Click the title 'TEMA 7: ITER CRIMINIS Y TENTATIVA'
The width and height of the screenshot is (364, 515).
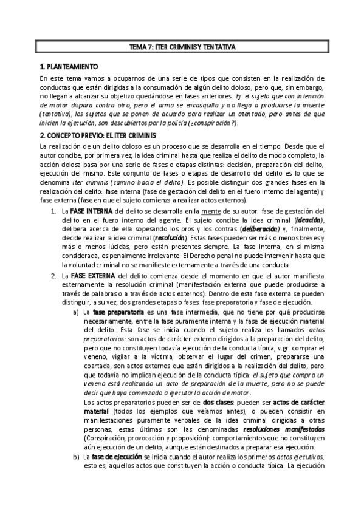(182, 47)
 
